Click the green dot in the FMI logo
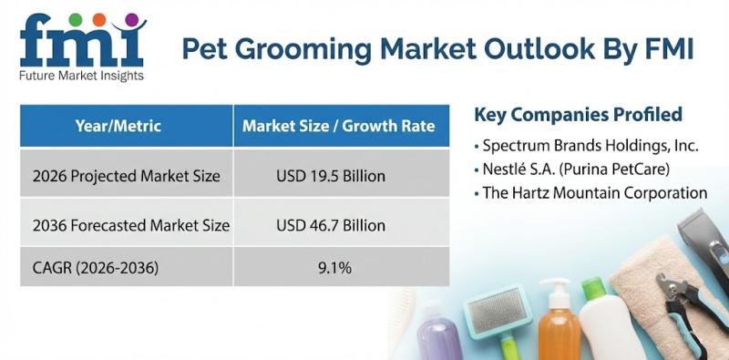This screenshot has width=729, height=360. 76,19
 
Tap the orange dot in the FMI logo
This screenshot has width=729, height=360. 99,19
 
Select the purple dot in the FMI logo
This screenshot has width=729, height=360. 131,19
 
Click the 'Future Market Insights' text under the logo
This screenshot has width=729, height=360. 81,76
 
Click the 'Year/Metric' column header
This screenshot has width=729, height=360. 118,126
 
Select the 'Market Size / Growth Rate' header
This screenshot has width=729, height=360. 338,126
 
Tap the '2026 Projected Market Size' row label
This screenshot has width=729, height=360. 126,176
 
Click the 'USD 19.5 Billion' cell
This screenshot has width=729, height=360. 331,176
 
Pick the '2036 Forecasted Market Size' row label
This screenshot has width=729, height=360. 130,226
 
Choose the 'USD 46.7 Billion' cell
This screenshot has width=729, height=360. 331,226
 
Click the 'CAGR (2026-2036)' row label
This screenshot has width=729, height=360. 96,268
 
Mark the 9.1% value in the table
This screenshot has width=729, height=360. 334,268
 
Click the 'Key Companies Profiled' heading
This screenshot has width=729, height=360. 578,115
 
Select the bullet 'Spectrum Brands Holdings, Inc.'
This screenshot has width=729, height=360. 587,146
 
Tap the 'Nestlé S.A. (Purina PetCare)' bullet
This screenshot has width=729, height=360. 572,170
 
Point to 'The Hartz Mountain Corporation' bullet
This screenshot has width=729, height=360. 590,192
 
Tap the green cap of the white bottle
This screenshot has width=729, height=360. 592,287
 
